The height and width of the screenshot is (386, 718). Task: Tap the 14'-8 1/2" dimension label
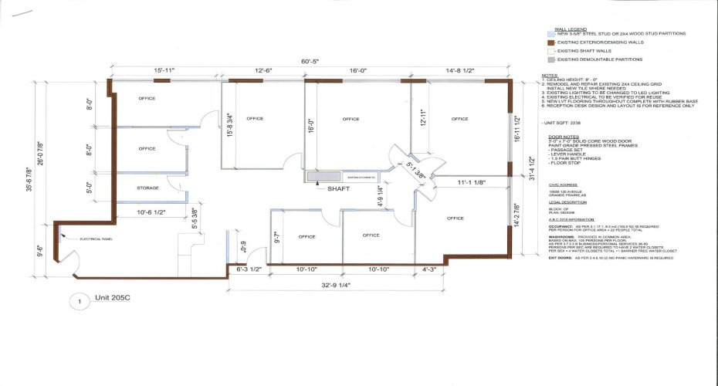[459, 71]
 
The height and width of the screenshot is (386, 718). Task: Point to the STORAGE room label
[148, 188]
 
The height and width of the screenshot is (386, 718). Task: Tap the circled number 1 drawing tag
[77, 302]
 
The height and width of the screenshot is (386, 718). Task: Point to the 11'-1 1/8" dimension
[471, 183]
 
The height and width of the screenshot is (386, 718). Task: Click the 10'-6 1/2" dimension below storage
[151, 212]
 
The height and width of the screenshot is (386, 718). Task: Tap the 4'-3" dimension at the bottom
[429, 269]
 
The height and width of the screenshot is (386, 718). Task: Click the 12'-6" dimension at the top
[265, 71]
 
